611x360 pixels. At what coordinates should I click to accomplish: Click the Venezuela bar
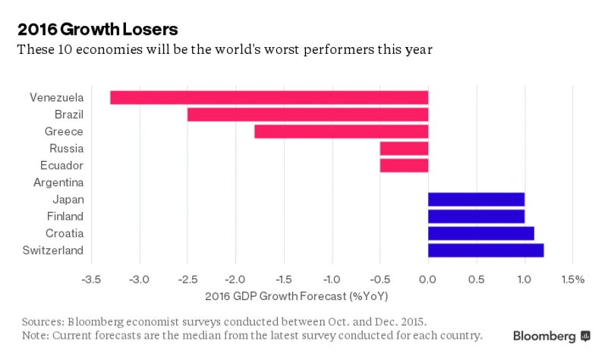269,97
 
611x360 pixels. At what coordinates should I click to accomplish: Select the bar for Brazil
307,115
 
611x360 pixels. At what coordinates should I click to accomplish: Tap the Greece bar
341,131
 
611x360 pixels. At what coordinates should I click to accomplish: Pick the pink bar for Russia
404,148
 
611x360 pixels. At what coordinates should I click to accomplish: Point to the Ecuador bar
404,166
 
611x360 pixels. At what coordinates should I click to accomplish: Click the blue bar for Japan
476,199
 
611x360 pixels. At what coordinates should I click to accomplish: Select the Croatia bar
480,233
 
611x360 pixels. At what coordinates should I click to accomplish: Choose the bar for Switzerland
486,250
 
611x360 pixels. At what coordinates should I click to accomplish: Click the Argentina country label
58,182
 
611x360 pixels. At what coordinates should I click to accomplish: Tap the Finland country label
65,216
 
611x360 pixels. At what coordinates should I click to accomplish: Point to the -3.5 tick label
91,279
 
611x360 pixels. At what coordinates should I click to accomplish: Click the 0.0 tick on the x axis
428,279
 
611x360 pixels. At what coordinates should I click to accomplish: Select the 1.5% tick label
573,279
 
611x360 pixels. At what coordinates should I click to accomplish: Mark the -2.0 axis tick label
235,279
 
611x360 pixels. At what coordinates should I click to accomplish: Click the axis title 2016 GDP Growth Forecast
297,295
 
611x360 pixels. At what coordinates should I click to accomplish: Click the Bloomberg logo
551,336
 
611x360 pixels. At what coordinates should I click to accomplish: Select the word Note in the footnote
35,335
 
